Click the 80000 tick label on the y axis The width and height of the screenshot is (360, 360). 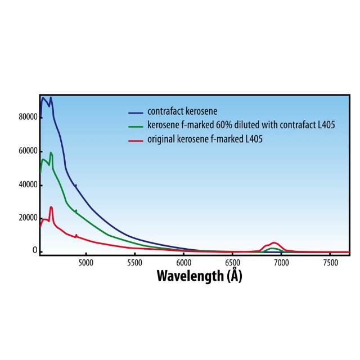pyautogui.click(x=28, y=118)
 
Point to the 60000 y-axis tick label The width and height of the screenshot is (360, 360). pyautogui.click(x=28, y=151)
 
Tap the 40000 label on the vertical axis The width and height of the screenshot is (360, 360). pyautogui.click(x=28, y=184)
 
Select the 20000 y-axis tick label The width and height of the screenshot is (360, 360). pyautogui.click(x=28, y=218)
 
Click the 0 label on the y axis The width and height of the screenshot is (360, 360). pyautogui.click(x=35, y=251)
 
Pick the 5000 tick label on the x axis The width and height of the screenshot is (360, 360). pyautogui.click(x=85, y=262)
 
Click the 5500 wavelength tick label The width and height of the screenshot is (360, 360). pyautogui.click(x=134, y=262)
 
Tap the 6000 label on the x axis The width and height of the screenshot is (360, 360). pyautogui.click(x=183, y=262)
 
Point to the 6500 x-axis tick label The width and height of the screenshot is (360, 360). pyautogui.click(x=232, y=262)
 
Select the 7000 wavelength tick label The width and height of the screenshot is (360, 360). pyautogui.click(x=281, y=262)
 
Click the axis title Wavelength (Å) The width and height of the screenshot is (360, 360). pyautogui.click(x=199, y=276)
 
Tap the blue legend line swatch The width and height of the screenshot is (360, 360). pyautogui.click(x=137, y=111)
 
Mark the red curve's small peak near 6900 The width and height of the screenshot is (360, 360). pyautogui.click(x=274, y=243)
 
